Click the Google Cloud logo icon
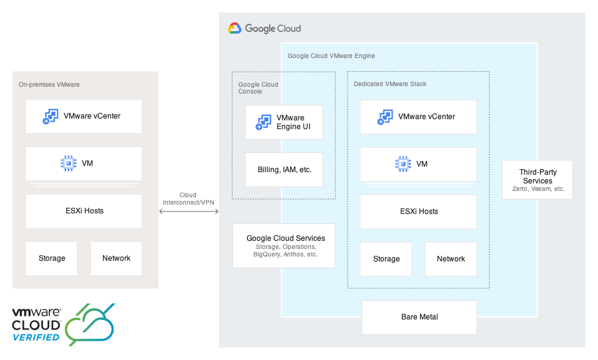(235, 28)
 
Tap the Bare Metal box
(419, 317)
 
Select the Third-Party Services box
(537, 180)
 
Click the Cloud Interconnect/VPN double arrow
(189, 212)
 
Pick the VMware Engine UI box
(283, 122)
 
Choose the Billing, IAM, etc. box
(283, 170)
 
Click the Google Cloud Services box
(283, 246)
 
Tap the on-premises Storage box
(51, 258)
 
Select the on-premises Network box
(116, 258)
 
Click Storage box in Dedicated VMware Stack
(386, 259)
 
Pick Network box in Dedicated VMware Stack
(451, 259)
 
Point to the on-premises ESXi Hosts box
(84, 211)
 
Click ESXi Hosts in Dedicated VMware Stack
(418, 212)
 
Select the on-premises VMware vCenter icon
(50, 117)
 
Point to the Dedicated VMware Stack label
(390, 84)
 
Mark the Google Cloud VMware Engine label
(331, 56)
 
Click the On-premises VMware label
(49, 84)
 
